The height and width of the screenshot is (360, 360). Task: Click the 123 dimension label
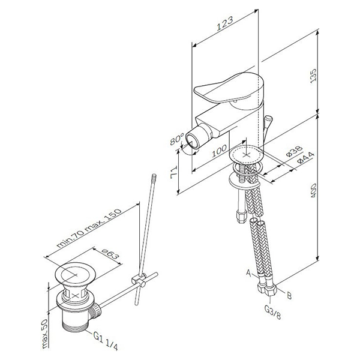click(225, 23)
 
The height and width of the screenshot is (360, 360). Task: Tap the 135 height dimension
click(313, 76)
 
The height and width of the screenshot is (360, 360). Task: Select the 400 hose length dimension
click(313, 190)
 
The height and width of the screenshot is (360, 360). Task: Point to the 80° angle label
click(177, 139)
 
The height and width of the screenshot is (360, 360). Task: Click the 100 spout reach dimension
click(219, 151)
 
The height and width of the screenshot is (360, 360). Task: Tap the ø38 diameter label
click(295, 151)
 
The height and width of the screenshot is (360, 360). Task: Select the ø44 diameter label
click(305, 158)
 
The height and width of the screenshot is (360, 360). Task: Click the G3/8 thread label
click(272, 312)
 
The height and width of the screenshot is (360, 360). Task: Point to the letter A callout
click(248, 273)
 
